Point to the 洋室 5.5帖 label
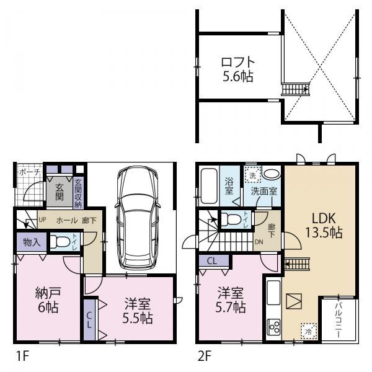[138, 311]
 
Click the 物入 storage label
[32, 242]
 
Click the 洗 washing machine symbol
[252, 174]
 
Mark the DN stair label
[259, 242]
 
